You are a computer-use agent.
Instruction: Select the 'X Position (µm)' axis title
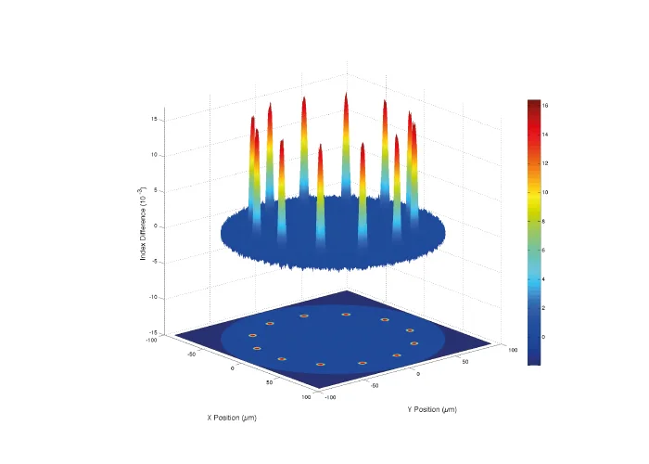pos(232,418)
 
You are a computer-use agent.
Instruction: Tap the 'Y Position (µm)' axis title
pos(431,409)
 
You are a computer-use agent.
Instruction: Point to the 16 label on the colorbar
pos(546,106)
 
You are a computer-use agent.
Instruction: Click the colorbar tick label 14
pos(546,135)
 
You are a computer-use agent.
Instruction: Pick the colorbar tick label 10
pos(546,192)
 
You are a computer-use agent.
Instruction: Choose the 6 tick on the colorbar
pos(545,250)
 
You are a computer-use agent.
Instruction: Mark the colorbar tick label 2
pos(545,307)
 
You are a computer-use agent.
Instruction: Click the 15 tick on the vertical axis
pos(155,120)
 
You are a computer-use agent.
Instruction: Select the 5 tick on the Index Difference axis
pos(157,191)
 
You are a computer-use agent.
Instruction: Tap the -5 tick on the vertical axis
pos(156,262)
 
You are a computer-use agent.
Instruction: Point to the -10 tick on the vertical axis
pos(154,297)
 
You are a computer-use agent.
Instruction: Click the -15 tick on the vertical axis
pos(154,333)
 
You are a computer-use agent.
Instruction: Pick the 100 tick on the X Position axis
pos(306,396)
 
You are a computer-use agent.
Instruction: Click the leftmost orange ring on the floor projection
pos(252,335)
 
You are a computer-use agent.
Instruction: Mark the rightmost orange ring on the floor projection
pos(414,343)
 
